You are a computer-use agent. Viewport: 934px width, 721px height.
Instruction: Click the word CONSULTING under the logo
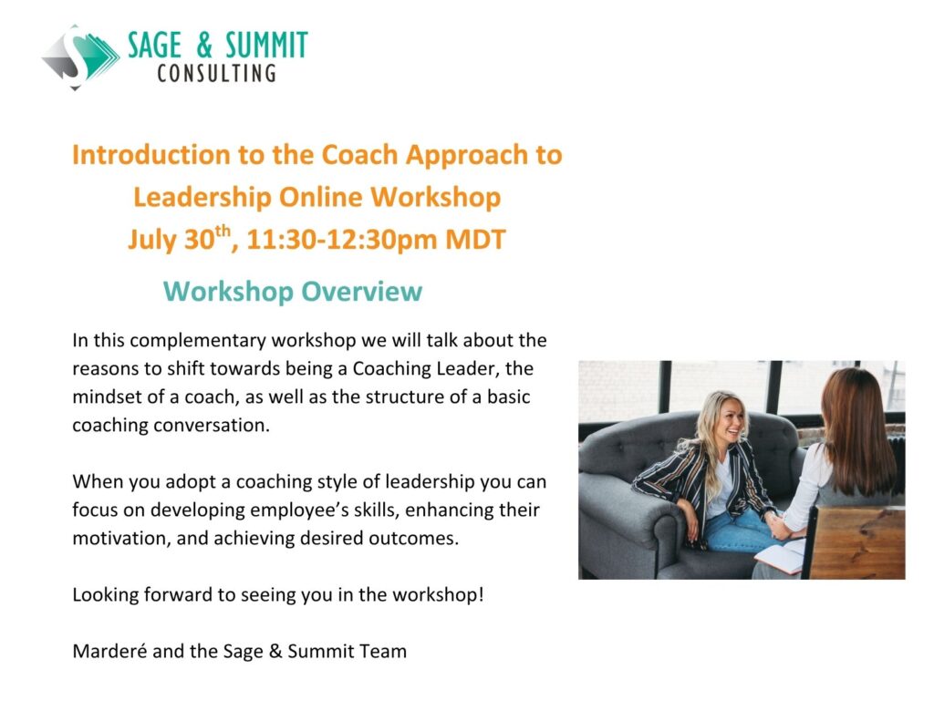pos(217,73)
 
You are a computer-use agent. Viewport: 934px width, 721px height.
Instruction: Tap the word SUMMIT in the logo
pos(266,46)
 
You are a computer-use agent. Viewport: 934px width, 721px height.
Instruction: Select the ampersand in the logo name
pos(203,46)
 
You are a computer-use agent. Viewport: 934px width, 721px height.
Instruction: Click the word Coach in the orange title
pos(359,155)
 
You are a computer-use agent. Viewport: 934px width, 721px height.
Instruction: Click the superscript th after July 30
pos(223,231)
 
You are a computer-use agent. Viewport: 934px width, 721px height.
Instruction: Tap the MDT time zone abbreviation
pos(475,240)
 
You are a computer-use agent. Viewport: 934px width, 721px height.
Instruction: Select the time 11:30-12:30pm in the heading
pos(342,240)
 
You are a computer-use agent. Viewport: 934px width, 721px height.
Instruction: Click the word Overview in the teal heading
pos(361,292)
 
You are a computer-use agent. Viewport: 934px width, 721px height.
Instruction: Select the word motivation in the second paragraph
pos(122,538)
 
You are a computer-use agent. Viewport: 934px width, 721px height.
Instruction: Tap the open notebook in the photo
pos(781,555)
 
